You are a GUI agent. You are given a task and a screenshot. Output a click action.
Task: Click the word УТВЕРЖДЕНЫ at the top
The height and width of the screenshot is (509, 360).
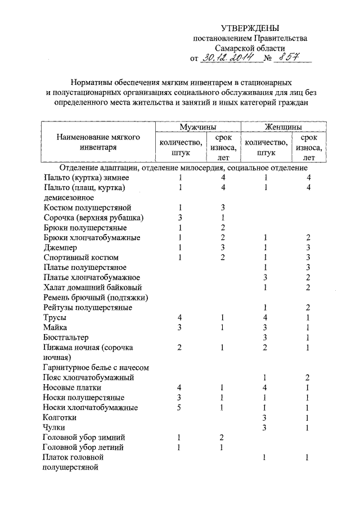249,28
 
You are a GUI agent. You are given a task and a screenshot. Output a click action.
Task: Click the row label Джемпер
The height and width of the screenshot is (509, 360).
61,247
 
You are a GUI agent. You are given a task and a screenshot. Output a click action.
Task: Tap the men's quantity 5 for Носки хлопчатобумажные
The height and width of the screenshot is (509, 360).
179,408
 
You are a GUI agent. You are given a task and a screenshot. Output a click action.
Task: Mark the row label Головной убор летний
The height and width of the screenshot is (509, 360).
83,448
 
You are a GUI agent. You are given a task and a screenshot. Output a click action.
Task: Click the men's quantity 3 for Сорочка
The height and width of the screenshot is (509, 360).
179,218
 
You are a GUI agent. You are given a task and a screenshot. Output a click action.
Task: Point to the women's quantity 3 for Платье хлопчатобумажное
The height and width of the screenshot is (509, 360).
264,277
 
